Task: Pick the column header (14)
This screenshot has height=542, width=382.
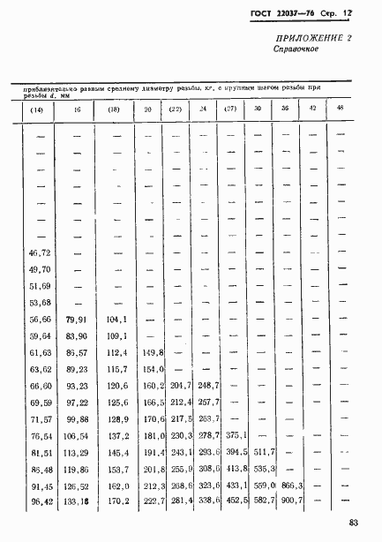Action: pyautogui.click(x=37, y=109)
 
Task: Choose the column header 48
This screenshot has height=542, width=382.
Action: pyautogui.click(x=340, y=108)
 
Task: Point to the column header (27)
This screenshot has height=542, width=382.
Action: pyautogui.click(x=229, y=109)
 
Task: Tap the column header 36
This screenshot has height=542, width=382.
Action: pyautogui.click(x=285, y=109)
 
